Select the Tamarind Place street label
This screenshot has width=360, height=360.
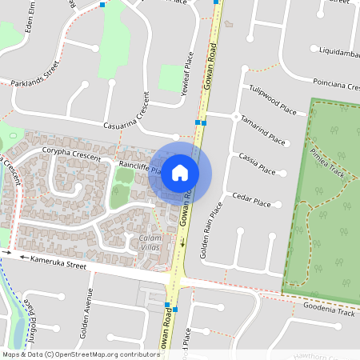(263, 130)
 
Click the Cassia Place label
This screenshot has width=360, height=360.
(257, 162)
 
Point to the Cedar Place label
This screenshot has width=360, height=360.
(247, 198)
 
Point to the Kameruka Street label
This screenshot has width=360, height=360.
(52, 262)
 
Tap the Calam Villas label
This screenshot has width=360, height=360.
(150, 243)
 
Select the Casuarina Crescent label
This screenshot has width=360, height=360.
(129, 120)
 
